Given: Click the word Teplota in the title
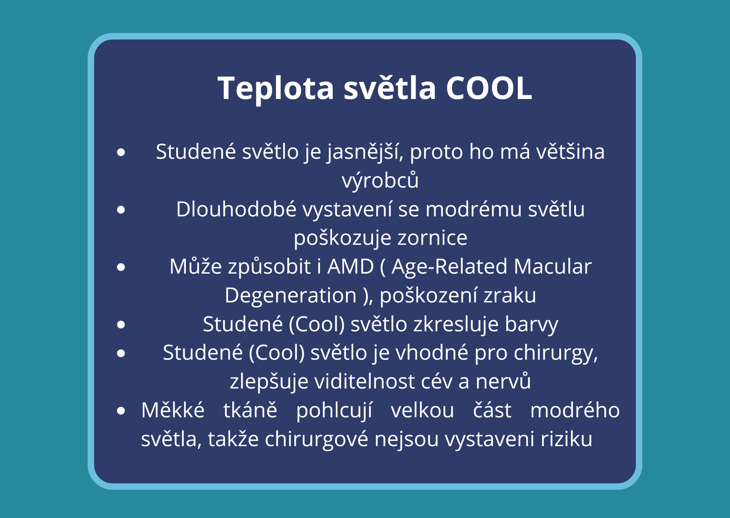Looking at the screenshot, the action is click(x=276, y=89).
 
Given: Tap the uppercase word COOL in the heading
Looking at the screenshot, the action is click(x=489, y=88).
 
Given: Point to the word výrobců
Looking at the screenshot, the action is click(x=380, y=180).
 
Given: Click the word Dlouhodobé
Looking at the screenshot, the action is click(x=236, y=209).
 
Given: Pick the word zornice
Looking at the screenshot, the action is click(x=432, y=238).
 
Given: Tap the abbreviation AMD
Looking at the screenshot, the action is click(x=350, y=267).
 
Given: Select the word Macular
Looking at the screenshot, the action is click(x=553, y=267).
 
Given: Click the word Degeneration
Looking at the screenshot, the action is click(x=291, y=295).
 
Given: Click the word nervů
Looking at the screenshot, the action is click(x=503, y=381).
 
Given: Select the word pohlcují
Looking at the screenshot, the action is click(x=334, y=410).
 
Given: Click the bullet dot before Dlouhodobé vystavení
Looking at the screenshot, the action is click(x=121, y=210).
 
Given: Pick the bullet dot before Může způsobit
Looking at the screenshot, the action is click(x=121, y=267).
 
